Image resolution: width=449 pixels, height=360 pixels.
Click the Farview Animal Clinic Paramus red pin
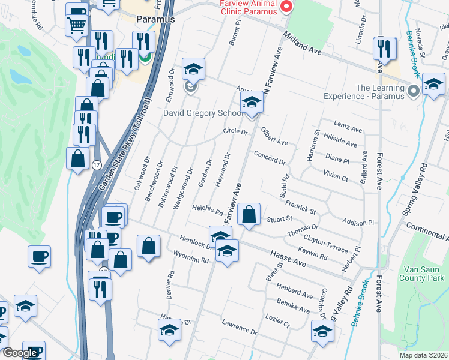(286, 7)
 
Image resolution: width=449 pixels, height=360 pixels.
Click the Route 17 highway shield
(95, 165)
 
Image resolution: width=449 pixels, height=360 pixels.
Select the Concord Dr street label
(269, 157)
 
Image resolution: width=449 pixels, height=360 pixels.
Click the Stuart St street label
(279, 219)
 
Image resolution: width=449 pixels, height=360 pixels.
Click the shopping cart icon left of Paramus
(77, 25)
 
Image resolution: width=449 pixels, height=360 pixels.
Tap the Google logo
(20, 353)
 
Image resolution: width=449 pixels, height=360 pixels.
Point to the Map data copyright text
(424, 355)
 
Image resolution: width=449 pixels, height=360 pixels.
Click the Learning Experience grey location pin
(413, 91)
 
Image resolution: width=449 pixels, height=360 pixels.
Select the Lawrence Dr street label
(239, 328)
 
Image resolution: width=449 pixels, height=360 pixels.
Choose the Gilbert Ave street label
(274, 139)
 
